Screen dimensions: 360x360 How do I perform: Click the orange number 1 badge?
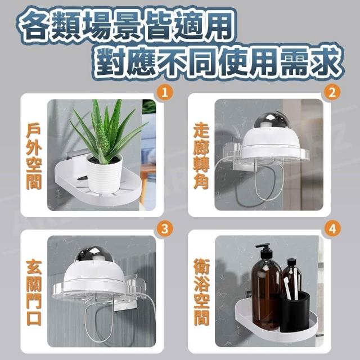tap(165, 93)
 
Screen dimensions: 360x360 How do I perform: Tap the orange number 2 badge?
tap(332, 92)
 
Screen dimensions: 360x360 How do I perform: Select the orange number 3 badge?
tap(165, 229)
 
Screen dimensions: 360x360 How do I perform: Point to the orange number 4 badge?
tap(332, 229)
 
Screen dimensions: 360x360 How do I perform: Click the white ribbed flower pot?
tap(105, 174)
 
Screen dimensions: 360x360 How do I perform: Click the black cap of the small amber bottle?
tap(291, 263)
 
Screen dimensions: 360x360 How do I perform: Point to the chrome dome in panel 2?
tap(273, 121)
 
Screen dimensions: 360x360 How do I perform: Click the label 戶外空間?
tap(34, 157)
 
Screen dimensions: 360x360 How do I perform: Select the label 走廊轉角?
tap(201, 156)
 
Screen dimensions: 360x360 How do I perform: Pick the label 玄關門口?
tap(34, 293)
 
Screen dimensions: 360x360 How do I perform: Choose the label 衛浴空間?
tap(201, 292)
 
